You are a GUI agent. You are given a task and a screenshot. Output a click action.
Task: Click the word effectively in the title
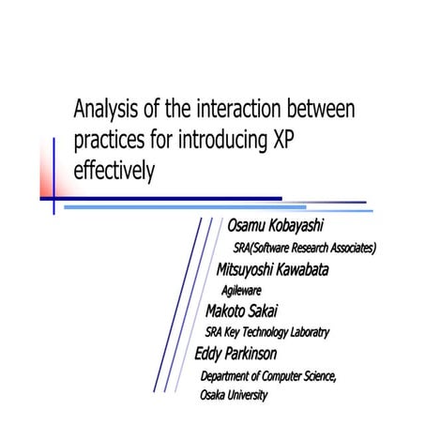pos(114,174)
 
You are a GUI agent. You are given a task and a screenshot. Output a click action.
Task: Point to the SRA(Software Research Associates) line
pos(305,249)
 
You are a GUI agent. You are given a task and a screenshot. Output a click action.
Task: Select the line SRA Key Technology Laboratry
pos(267,332)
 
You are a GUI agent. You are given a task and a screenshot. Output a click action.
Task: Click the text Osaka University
pos(234,395)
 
